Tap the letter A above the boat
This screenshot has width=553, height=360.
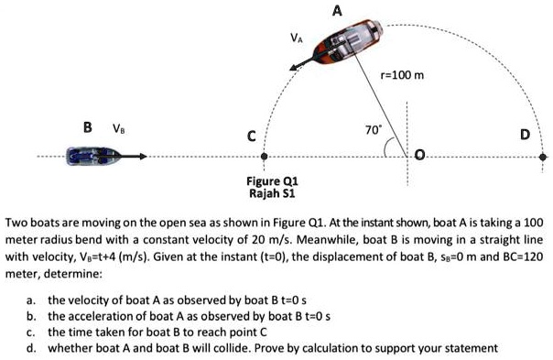pos(338,10)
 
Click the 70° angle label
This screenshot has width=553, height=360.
pos(372,130)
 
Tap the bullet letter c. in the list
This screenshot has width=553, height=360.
pos(32,332)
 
